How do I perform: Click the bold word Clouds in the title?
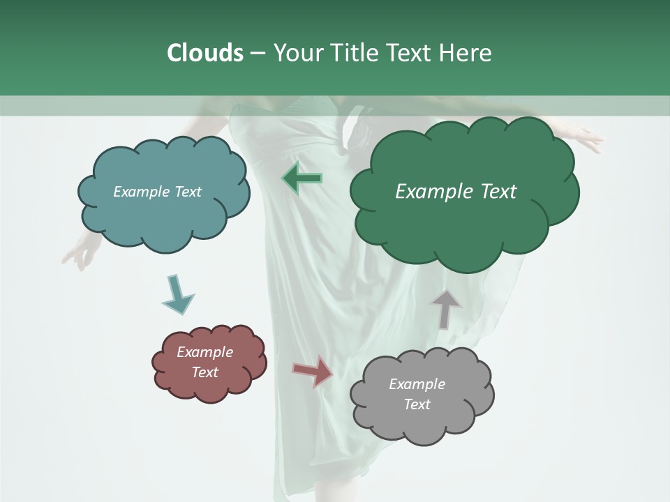(204, 53)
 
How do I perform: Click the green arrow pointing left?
(302, 178)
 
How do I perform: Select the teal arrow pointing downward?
(177, 295)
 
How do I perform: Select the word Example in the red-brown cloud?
(204, 352)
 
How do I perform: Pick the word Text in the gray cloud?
(417, 404)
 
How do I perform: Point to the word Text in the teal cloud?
(187, 192)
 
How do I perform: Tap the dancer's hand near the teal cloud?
(78, 255)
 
